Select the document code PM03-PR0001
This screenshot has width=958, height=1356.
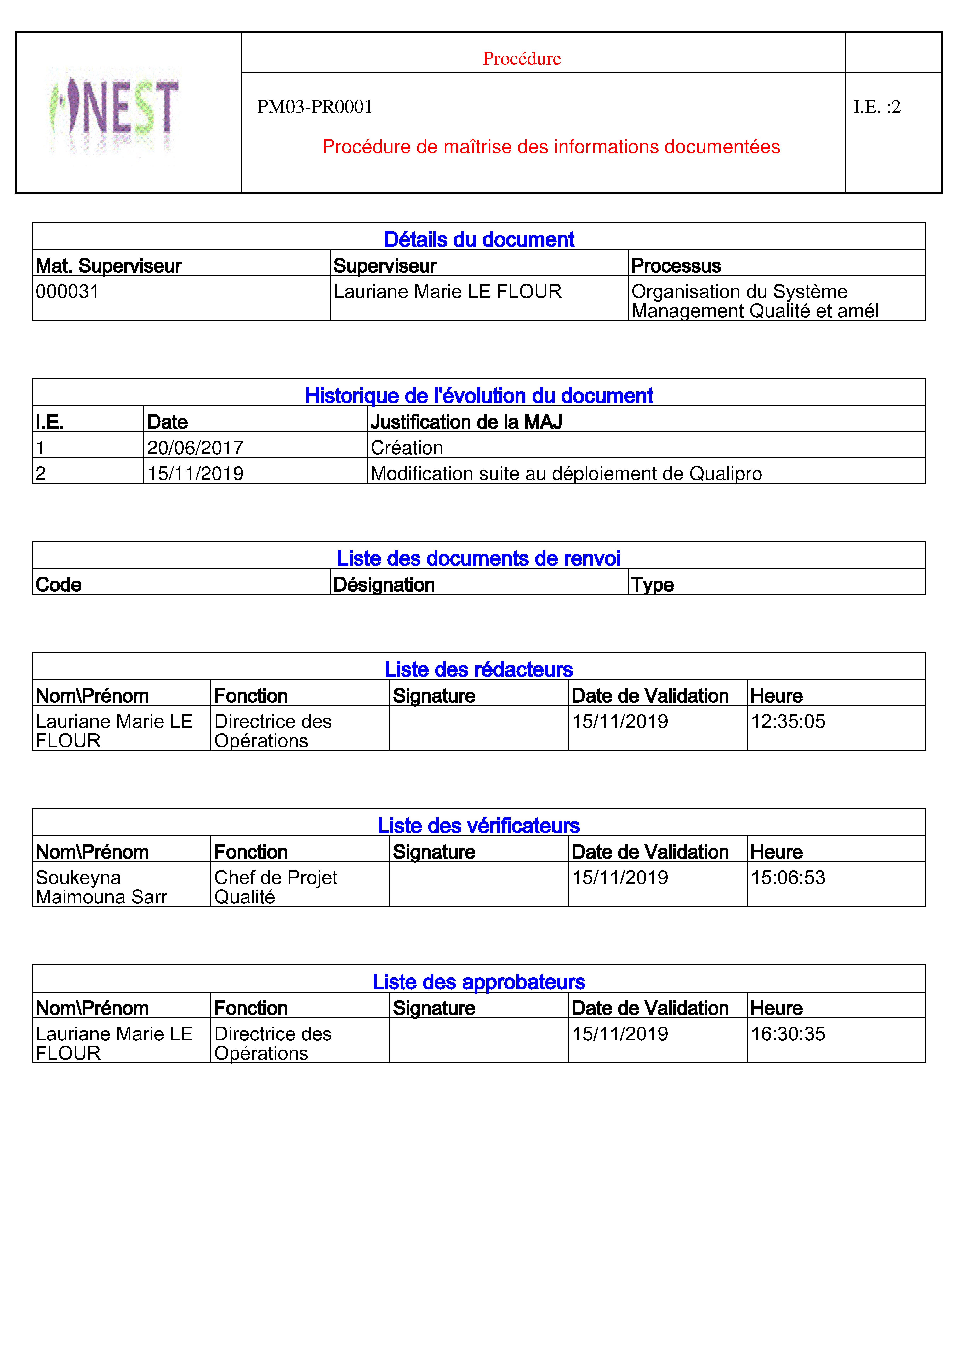coord(315,107)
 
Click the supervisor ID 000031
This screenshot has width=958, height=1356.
coord(67,292)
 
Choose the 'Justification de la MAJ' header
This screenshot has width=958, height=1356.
coord(466,422)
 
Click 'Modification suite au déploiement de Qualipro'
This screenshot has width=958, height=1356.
coord(566,474)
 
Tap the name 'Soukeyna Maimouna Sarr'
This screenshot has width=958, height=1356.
coord(101,887)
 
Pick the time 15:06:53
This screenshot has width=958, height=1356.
coord(788,878)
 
